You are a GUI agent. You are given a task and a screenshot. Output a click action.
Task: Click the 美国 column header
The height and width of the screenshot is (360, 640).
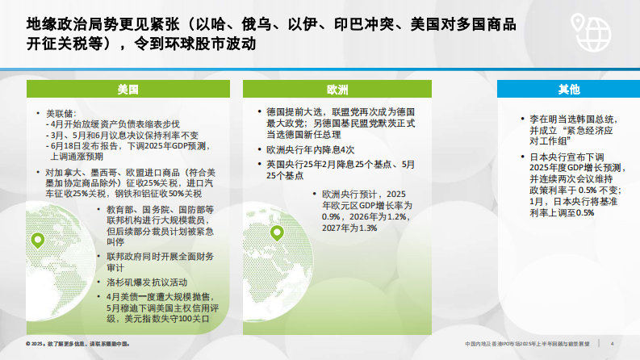[128, 89]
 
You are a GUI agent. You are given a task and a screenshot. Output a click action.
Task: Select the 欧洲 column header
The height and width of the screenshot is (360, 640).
[337, 89]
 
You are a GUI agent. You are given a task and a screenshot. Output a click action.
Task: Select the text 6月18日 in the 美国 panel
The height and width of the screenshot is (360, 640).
[67, 146]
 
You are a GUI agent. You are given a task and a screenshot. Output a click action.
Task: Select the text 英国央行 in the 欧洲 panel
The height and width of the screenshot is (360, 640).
[284, 164]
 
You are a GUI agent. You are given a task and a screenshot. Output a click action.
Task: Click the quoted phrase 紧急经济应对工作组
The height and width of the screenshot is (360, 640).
[577, 133]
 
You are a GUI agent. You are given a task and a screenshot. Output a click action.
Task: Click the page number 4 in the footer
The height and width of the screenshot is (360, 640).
[612, 344]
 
